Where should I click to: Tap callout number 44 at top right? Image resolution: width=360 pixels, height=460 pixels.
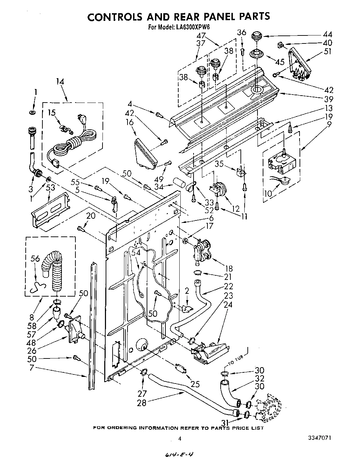pos(327,34)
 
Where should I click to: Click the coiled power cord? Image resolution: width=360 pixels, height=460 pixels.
pos(75,139)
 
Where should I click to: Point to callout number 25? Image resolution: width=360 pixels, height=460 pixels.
pos(195,384)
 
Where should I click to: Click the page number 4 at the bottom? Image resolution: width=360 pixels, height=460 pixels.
pos(180,439)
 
